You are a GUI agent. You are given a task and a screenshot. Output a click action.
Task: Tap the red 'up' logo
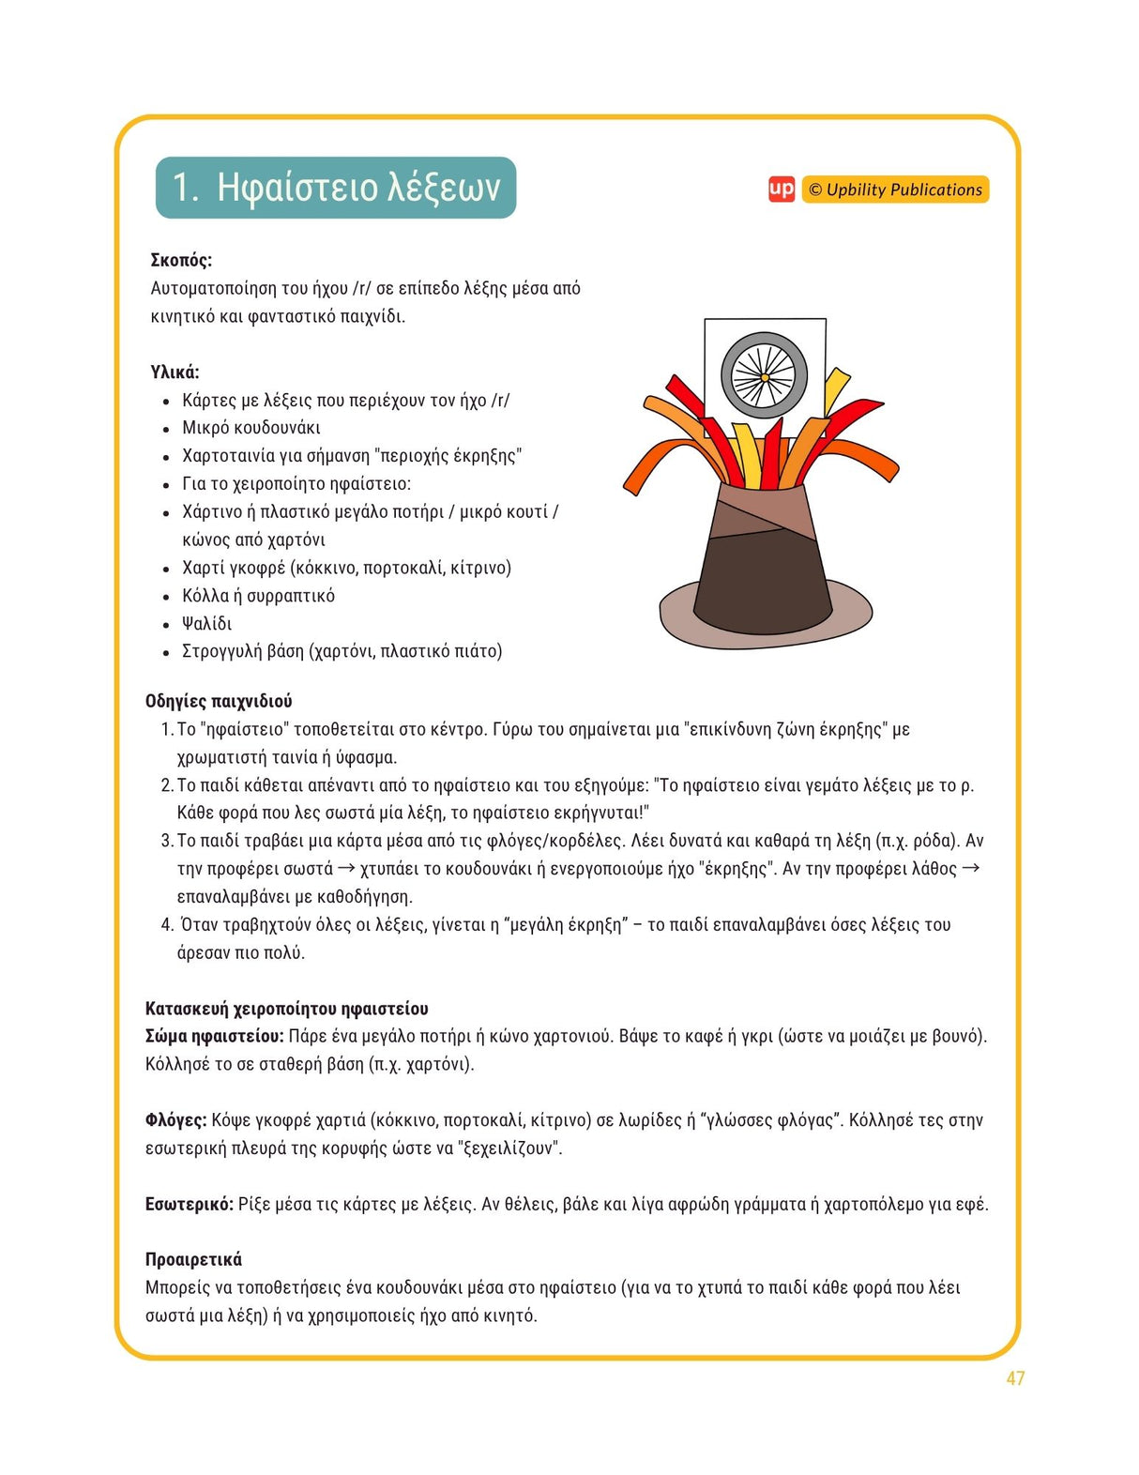click(x=781, y=190)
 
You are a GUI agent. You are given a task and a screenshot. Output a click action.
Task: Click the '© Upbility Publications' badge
click(x=895, y=190)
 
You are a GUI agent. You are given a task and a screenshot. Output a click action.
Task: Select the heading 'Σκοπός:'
click(x=181, y=260)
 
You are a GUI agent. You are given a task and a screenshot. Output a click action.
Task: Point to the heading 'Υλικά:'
click(x=175, y=373)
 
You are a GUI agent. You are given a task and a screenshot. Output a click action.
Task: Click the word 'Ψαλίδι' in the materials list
click(x=206, y=624)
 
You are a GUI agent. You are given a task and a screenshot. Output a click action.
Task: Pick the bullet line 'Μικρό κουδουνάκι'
click(x=251, y=428)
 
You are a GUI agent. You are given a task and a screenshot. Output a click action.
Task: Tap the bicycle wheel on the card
click(x=764, y=374)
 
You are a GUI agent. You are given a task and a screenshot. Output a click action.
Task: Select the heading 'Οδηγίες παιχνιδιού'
click(x=219, y=701)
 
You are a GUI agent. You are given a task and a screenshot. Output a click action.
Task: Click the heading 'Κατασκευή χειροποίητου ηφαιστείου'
click(x=286, y=1009)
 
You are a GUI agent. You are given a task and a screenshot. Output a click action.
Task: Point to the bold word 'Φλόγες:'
click(x=176, y=1120)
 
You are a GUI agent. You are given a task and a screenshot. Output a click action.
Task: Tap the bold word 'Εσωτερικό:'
click(x=190, y=1204)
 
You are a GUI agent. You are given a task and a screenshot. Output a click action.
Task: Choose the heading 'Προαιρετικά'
click(x=193, y=1259)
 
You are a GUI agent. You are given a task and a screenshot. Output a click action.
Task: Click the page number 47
click(x=1015, y=1378)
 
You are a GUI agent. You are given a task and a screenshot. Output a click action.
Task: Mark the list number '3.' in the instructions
click(x=168, y=841)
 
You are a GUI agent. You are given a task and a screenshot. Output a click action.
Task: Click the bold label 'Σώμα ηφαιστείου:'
click(x=214, y=1037)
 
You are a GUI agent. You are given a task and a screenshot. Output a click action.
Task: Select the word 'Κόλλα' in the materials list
click(x=205, y=596)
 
